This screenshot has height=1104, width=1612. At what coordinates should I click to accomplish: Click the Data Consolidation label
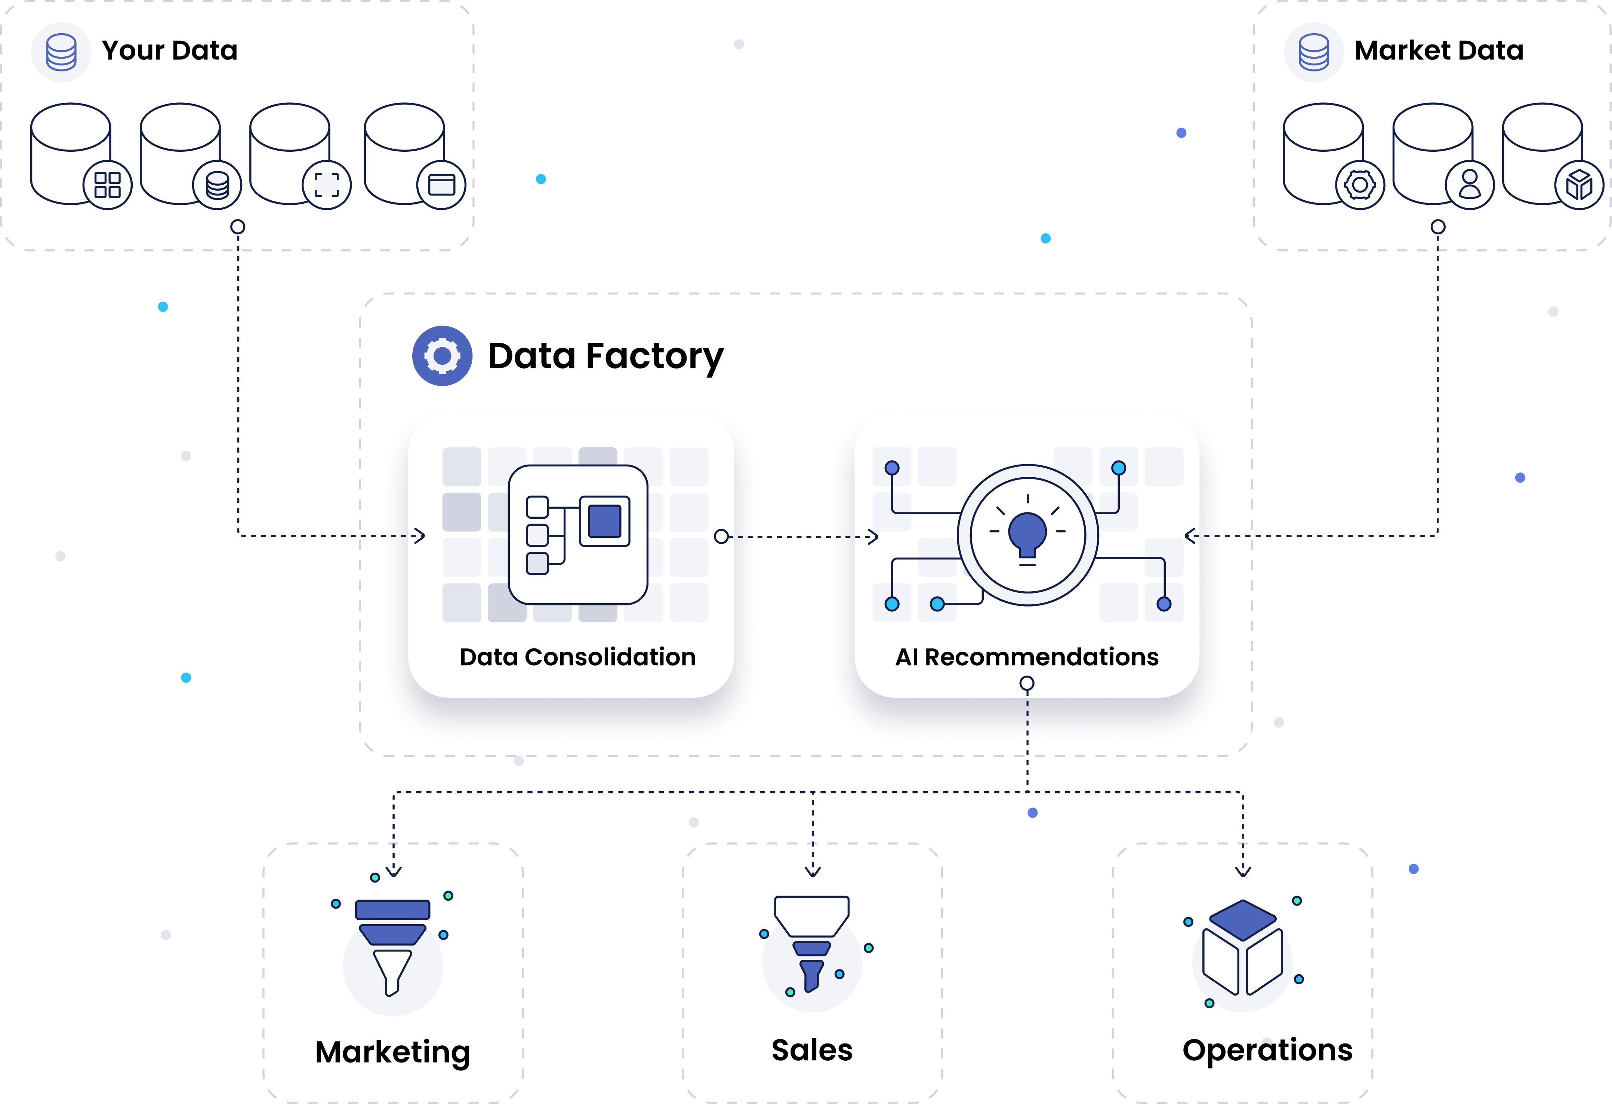577,657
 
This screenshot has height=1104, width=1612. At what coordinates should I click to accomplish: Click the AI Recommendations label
1027,657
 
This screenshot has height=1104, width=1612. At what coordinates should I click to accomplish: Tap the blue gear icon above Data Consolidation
442,356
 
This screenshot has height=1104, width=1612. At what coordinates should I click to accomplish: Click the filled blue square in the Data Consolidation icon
604,521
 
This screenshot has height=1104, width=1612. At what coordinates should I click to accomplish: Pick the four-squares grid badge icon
108,185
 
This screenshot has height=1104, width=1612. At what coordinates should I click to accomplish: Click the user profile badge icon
1469,185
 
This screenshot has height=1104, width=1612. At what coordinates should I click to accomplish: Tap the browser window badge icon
441,185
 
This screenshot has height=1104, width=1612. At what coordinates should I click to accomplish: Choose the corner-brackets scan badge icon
327,185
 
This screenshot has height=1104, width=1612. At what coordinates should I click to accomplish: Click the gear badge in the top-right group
1359,185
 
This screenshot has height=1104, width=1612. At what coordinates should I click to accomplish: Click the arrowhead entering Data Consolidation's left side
418,536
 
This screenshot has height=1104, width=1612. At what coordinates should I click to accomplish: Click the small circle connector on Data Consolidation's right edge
721,536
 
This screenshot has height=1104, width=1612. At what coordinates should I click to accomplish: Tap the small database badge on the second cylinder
217,185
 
